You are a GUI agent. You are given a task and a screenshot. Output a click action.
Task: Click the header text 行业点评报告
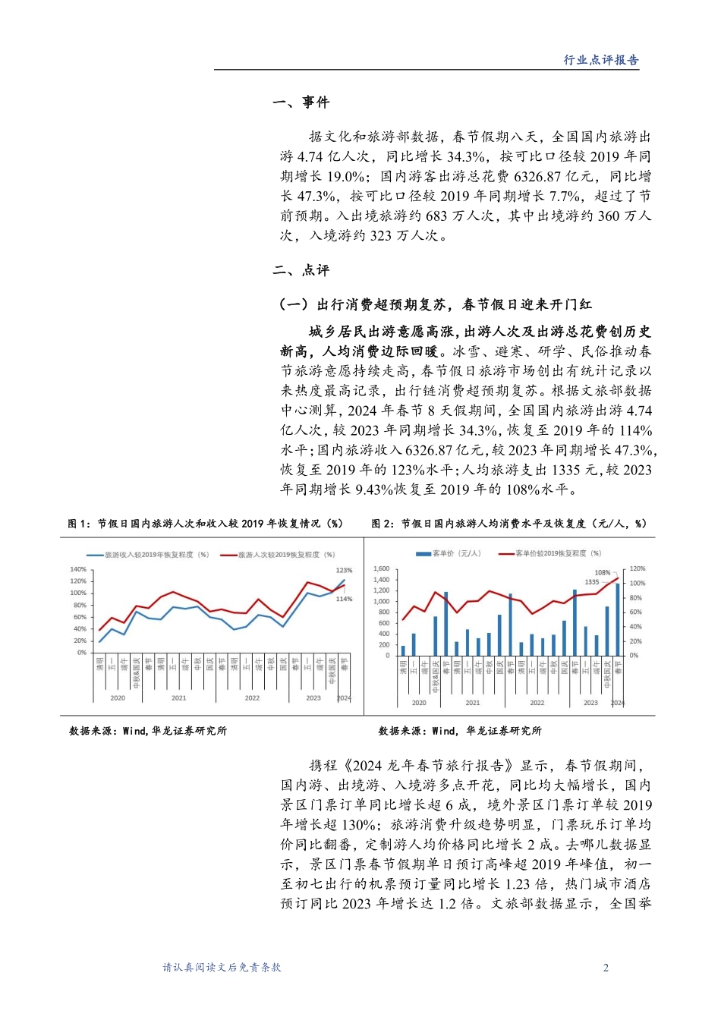click(x=600, y=60)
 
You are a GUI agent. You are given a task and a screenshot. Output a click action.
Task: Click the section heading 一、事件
click(x=301, y=102)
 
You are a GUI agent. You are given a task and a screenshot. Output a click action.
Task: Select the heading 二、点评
click(x=301, y=270)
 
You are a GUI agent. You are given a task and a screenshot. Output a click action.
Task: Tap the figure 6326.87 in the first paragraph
click(x=540, y=176)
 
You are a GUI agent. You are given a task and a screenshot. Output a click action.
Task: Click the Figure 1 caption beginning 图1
click(x=205, y=524)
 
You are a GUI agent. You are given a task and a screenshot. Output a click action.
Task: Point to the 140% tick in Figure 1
click(x=78, y=569)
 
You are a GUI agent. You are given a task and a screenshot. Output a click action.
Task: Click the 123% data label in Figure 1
click(x=344, y=570)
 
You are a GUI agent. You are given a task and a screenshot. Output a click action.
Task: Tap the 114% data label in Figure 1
click(x=344, y=599)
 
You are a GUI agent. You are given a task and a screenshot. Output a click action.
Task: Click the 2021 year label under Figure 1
click(x=178, y=697)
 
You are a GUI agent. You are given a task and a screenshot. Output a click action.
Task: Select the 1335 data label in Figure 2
click(x=592, y=582)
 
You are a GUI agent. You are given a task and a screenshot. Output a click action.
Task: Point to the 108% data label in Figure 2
click(x=602, y=573)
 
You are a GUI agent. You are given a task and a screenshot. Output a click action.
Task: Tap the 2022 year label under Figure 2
click(x=537, y=703)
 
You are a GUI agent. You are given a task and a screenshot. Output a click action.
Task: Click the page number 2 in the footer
click(x=606, y=968)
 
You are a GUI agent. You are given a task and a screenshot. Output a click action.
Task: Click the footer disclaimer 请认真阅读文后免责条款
click(x=222, y=968)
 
